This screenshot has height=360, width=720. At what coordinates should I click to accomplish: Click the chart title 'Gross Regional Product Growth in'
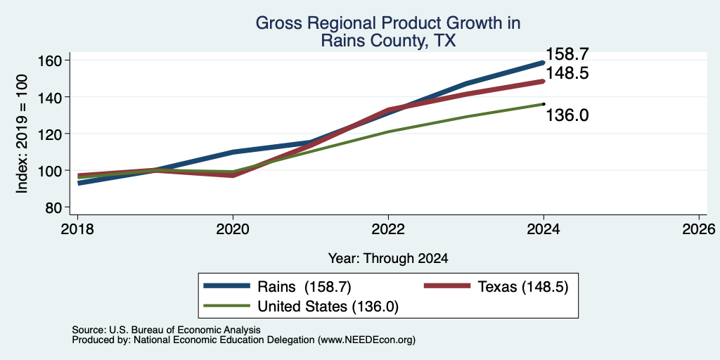(388, 23)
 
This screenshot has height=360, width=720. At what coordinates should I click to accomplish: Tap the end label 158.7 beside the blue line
(567, 54)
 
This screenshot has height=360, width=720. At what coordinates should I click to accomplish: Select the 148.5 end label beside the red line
(567, 73)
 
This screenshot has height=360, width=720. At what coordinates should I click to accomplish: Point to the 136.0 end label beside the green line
(567, 115)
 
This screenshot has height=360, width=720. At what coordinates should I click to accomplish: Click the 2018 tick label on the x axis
(77, 229)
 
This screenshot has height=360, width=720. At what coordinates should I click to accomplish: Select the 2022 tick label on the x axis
(388, 229)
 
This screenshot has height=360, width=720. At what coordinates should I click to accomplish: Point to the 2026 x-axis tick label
(699, 229)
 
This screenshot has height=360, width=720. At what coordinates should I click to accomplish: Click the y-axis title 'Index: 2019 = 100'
(22, 134)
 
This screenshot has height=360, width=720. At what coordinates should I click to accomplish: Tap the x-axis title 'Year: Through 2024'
(388, 259)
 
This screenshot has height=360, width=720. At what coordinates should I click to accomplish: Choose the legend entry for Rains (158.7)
(277, 287)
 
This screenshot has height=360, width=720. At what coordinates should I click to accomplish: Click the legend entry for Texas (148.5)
(496, 287)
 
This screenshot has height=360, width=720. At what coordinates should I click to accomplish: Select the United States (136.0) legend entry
(301, 307)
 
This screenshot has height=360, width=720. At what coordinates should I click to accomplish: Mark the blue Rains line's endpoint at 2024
(544, 62)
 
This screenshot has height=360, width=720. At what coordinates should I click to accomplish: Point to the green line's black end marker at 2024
(544, 104)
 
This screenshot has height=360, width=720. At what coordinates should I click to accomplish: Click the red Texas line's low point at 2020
(233, 175)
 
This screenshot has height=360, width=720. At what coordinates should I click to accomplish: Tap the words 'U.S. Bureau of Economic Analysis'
(185, 330)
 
